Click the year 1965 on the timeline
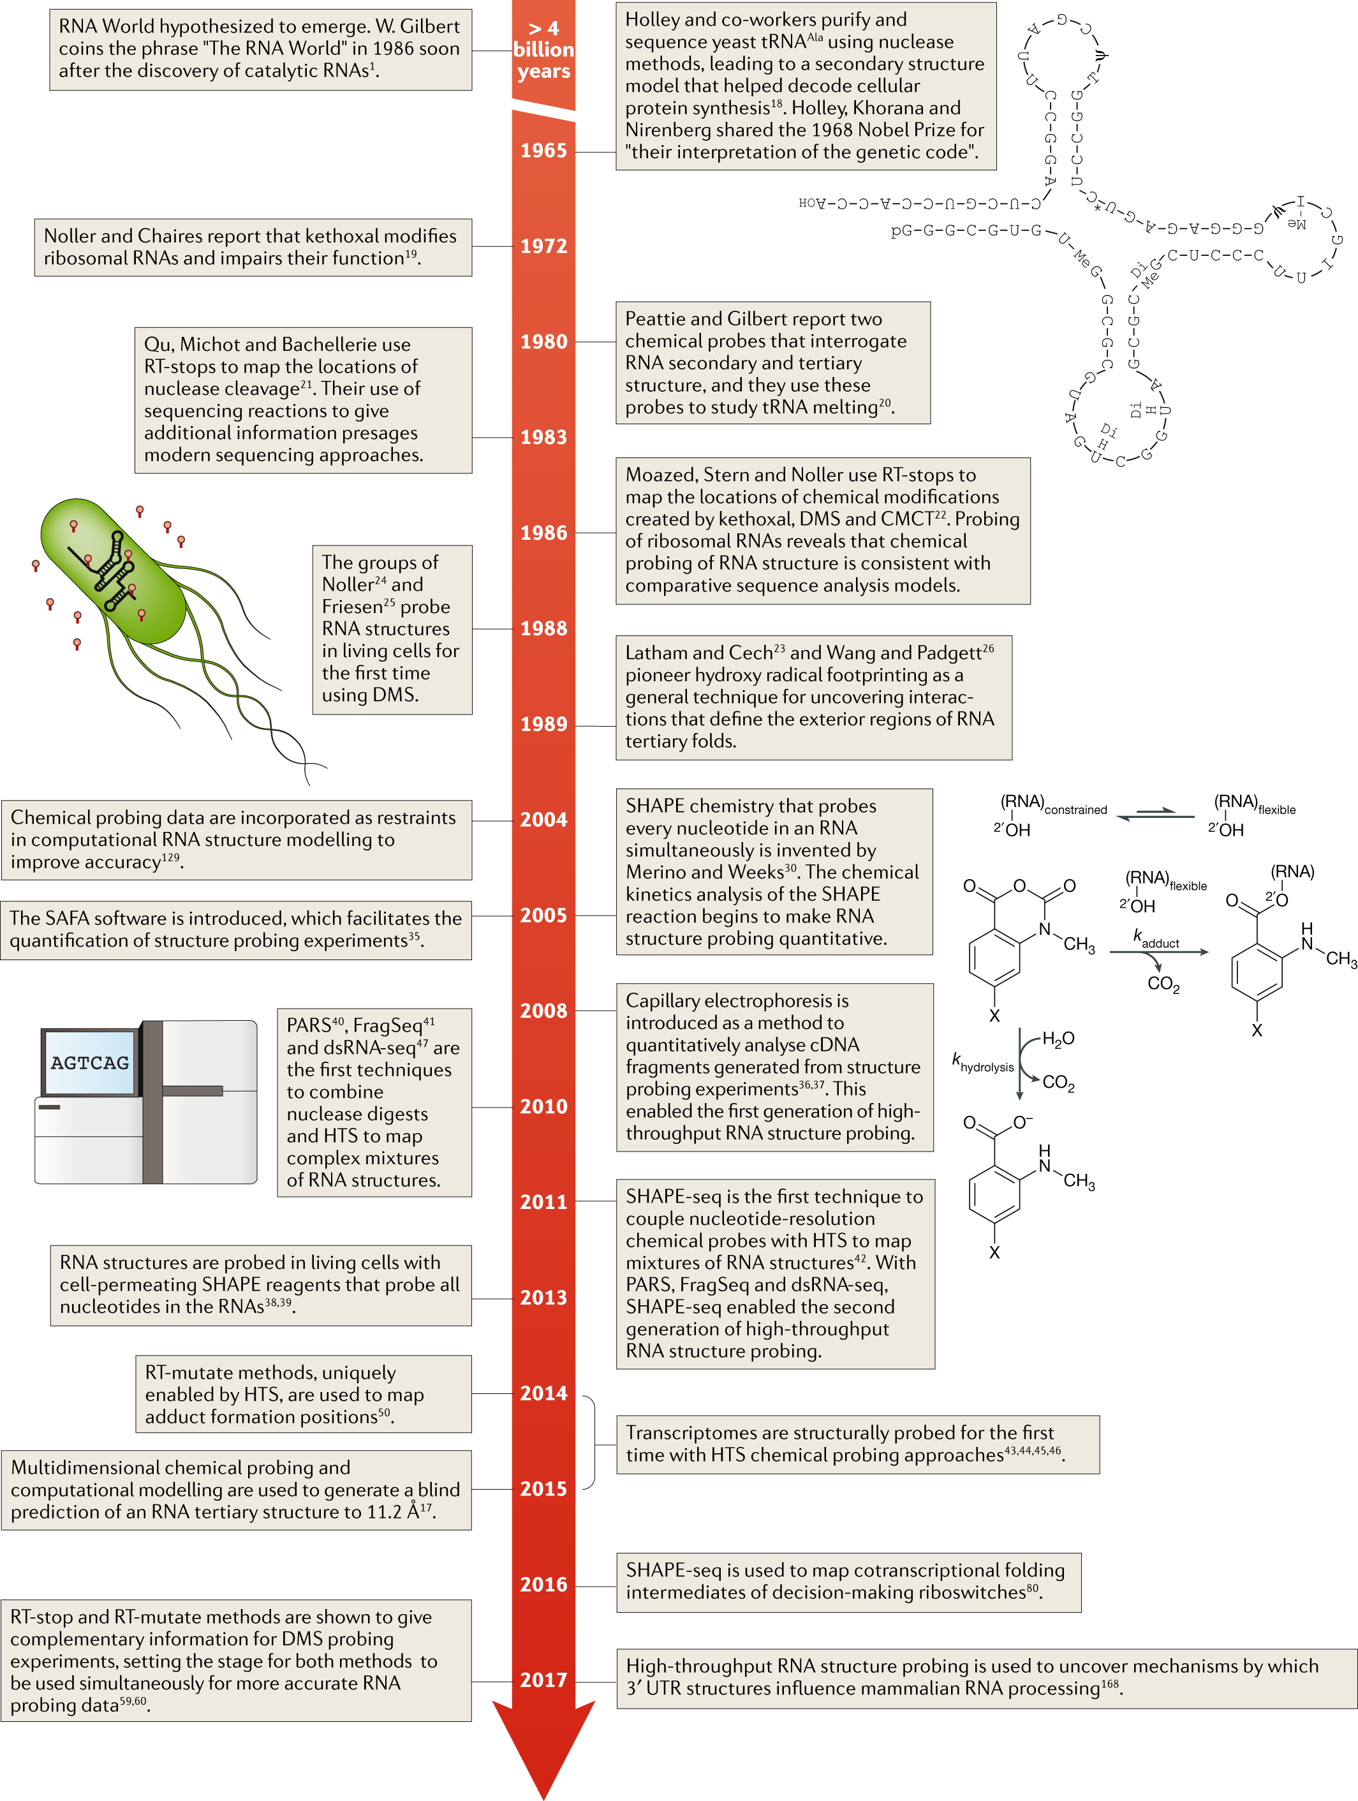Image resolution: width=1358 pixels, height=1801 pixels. tap(543, 151)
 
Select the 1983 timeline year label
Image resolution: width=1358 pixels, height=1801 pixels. tap(543, 437)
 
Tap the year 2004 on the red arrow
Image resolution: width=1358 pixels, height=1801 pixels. tap(543, 820)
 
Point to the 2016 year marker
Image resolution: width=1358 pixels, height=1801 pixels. tap(543, 1585)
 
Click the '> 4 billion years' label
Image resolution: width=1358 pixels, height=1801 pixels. tap(543, 50)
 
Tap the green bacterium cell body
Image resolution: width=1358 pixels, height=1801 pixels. tap(114, 570)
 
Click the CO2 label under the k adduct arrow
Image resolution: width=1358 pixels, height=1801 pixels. tap(1163, 984)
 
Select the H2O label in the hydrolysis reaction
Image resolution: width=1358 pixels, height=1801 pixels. tap(1058, 1039)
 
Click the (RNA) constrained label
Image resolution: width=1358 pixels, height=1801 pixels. tap(1052, 804)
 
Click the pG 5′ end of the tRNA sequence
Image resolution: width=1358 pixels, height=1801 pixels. tap(901, 230)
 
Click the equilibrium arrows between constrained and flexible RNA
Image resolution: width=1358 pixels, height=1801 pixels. tap(1155, 814)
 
